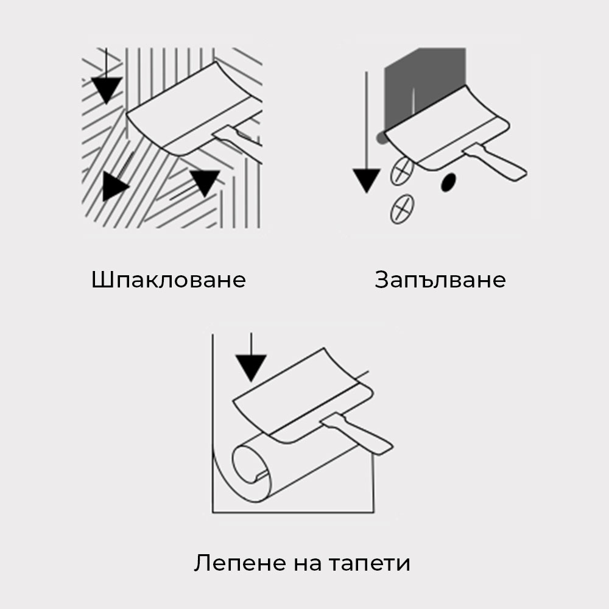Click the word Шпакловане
(x=169, y=280)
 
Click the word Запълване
(x=440, y=280)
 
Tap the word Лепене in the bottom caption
(x=239, y=563)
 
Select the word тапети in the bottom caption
(x=370, y=563)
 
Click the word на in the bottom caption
(x=307, y=564)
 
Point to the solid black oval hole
(x=448, y=182)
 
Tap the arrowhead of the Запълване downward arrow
(x=366, y=180)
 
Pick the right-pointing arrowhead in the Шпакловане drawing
(x=115, y=187)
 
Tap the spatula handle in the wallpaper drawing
(x=357, y=433)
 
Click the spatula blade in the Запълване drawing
(x=446, y=128)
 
